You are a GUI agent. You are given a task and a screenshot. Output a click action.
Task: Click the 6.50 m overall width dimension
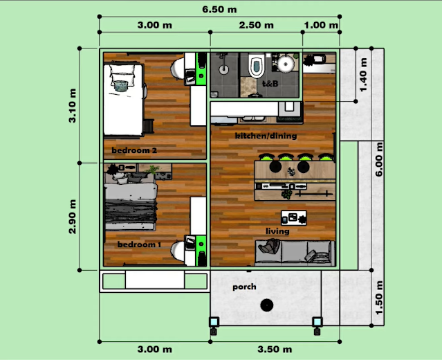pyautogui.click(x=219, y=10)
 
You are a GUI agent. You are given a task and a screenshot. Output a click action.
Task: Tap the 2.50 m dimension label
pyautogui.click(x=256, y=26)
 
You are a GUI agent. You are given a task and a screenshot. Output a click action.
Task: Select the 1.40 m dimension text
pyautogui.click(x=364, y=75)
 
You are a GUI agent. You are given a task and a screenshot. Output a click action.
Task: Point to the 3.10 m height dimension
pyautogui.click(x=73, y=106)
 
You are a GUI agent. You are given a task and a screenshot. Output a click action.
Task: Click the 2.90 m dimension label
pyautogui.click(x=73, y=217)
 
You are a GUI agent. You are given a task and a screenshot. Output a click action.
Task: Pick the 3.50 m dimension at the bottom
pyautogui.click(x=275, y=350)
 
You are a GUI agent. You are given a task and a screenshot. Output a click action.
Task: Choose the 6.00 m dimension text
pyautogui.click(x=379, y=159)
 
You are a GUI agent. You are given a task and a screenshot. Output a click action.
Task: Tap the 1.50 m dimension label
pyautogui.click(x=379, y=298)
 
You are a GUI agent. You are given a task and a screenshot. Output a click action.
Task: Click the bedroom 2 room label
pyautogui.click(x=134, y=150)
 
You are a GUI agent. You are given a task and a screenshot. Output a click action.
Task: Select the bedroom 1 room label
pyautogui.click(x=139, y=244)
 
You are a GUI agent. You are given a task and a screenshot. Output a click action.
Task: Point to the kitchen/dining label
pyautogui.click(x=266, y=136)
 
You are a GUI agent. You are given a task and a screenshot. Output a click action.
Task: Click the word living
pyautogui.click(x=277, y=231)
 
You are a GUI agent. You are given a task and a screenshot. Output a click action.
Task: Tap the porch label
pyautogui.click(x=244, y=287)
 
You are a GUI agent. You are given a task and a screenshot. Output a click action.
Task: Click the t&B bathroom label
pyautogui.click(x=270, y=84)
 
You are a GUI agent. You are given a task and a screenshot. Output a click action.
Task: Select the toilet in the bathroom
pyautogui.click(x=257, y=65)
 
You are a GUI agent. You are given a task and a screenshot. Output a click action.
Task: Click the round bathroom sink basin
pyautogui.click(x=286, y=64)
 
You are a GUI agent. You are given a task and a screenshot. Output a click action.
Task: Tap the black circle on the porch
pyautogui.click(x=267, y=305)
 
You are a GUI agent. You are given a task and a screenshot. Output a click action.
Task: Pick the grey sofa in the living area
pyautogui.click(x=295, y=253)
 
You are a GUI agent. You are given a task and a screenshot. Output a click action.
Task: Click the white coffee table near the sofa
pyautogui.click(x=294, y=218)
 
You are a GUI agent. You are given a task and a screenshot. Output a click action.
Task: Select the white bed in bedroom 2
pyautogui.click(x=123, y=100)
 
